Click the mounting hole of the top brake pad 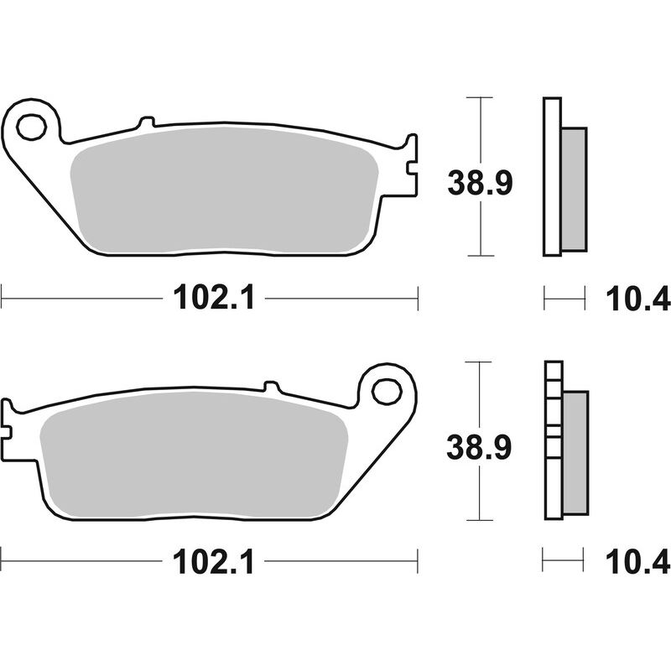click(x=31, y=127)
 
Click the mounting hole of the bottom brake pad click(x=387, y=390)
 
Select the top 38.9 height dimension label click(x=480, y=181)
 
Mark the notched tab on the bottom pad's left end click(x=9, y=428)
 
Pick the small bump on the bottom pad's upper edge click(x=271, y=387)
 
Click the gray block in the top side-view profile click(x=574, y=190)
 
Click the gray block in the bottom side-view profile click(x=575, y=453)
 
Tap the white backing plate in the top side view click(x=550, y=176)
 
